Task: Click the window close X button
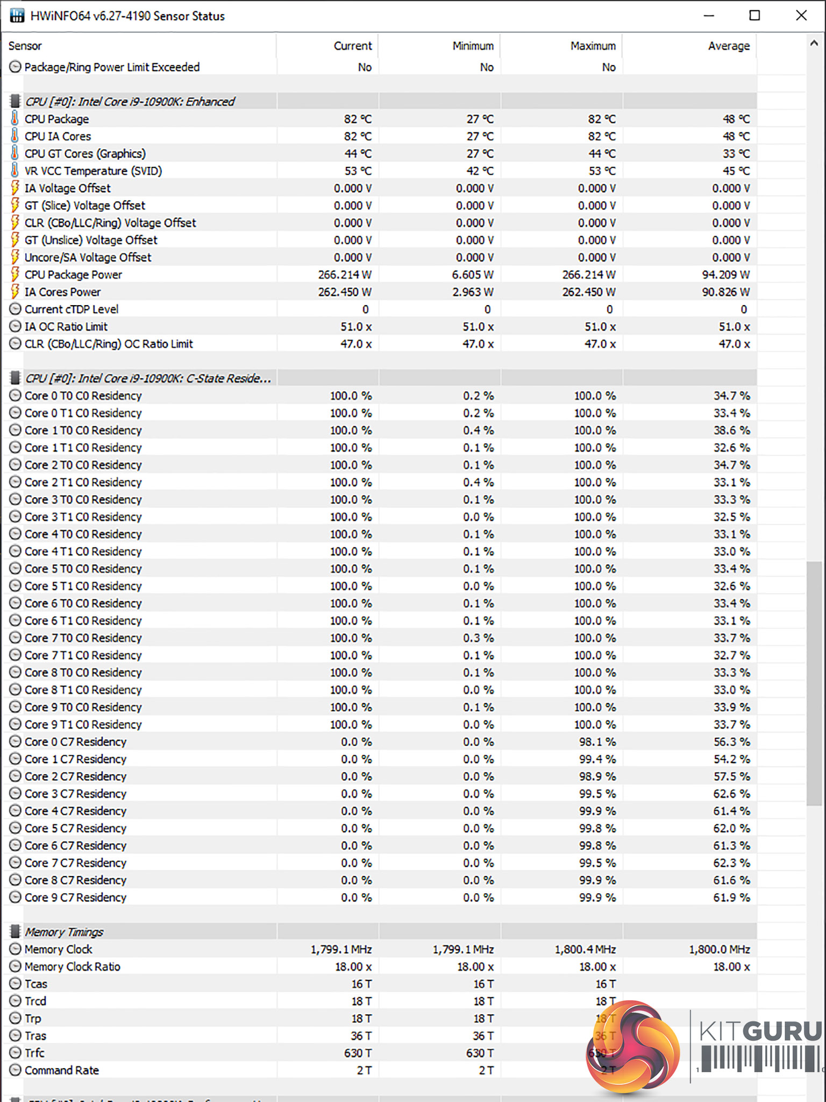pyautogui.click(x=801, y=16)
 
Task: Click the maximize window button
pyautogui.click(x=754, y=16)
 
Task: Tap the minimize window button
pyautogui.click(x=709, y=16)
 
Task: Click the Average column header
pyautogui.click(x=728, y=46)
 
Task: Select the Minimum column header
pyautogui.click(x=473, y=46)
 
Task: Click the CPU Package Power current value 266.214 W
pyautogui.click(x=344, y=275)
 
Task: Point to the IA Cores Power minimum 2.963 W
pyautogui.click(x=473, y=292)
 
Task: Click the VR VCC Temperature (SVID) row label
pyautogui.click(x=93, y=171)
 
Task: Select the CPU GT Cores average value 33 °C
pyautogui.click(x=736, y=154)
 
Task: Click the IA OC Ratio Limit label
pyautogui.click(x=66, y=327)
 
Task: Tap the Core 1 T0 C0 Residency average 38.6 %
pyautogui.click(x=731, y=430)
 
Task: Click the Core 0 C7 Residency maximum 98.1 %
pyautogui.click(x=597, y=742)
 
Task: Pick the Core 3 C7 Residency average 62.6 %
pyautogui.click(x=731, y=794)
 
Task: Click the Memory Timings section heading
pyautogui.click(x=64, y=932)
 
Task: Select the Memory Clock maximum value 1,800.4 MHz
pyautogui.click(x=585, y=950)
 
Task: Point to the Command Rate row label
pyautogui.click(x=61, y=1070)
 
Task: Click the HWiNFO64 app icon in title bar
pyautogui.click(x=17, y=16)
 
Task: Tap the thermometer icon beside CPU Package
pyautogui.click(x=15, y=118)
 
